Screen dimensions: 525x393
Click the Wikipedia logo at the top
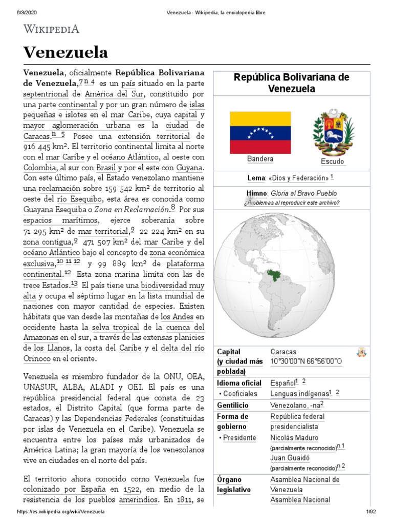(x=51, y=29)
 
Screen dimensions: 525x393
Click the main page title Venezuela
(x=65, y=52)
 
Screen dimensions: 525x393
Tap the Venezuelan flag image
(x=260, y=133)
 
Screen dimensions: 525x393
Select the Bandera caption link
(x=260, y=159)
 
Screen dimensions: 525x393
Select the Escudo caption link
(x=333, y=162)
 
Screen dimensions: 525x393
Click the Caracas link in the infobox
(x=282, y=352)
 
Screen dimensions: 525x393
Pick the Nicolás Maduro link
(x=294, y=438)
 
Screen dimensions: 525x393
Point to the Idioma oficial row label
(x=239, y=383)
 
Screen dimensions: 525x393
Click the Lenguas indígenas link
(x=299, y=394)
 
